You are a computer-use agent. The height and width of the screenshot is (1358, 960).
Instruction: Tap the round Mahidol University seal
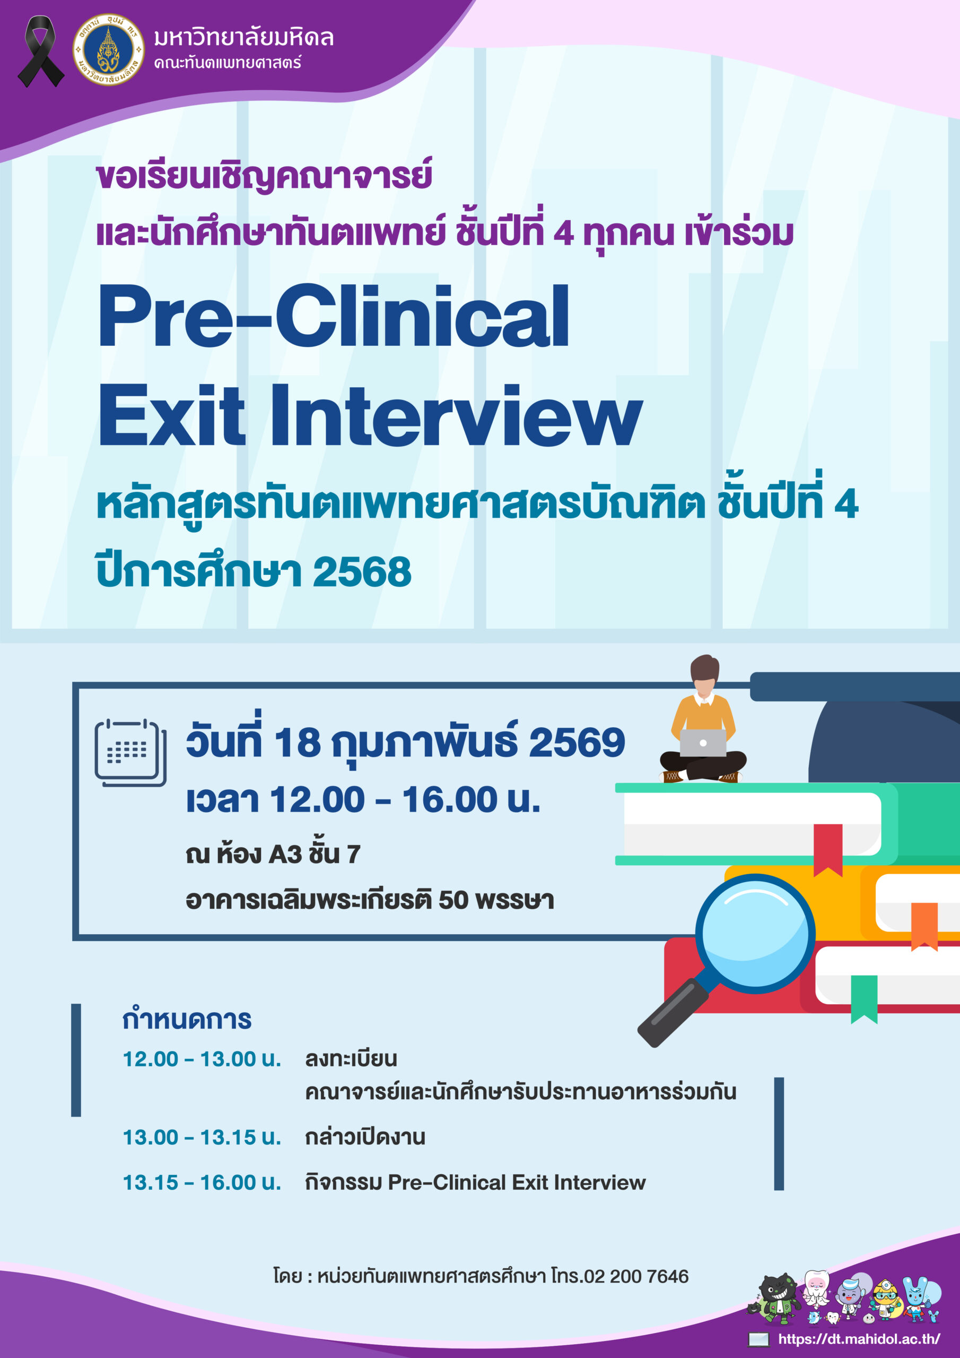click(x=108, y=50)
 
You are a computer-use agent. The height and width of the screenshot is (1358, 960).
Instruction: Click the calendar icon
click(x=130, y=753)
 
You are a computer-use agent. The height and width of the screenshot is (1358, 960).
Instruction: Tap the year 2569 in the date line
click(x=577, y=742)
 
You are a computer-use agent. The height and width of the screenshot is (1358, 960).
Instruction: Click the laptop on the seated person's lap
click(x=703, y=743)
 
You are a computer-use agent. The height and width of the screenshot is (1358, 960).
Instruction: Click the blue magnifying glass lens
click(x=755, y=934)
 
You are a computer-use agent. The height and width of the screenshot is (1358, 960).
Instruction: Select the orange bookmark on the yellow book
click(x=924, y=926)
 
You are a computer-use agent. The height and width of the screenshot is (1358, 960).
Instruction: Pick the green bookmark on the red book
click(x=863, y=999)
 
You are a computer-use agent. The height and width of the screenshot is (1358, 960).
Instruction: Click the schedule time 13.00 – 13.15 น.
click(x=202, y=1137)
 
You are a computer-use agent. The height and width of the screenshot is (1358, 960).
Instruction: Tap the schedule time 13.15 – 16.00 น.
click(x=202, y=1182)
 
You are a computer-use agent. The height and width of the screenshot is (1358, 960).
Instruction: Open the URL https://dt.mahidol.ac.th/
click(x=859, y=1338)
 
